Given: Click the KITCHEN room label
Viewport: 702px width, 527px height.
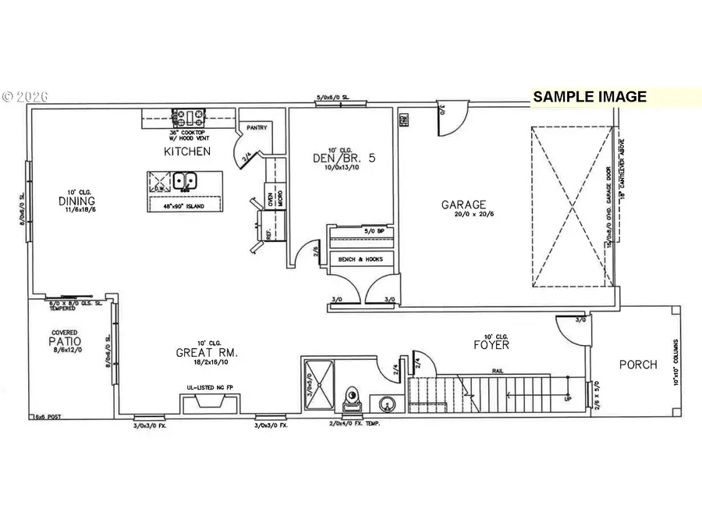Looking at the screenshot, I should (186, 151).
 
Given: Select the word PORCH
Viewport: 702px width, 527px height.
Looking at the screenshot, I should (638, 364).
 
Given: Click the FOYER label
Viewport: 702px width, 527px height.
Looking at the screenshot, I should (491, 344).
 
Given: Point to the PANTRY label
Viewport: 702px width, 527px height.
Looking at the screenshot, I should (257, 127).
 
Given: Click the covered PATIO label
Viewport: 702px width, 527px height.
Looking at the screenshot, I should (65, 342).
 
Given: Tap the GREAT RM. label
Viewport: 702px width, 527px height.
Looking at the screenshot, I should (206, 353).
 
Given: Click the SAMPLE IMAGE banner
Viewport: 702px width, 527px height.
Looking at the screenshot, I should (590, 97).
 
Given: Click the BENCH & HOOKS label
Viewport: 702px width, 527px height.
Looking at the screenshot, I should (360, 259).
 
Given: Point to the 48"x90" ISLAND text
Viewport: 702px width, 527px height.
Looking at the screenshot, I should (185, 205).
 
